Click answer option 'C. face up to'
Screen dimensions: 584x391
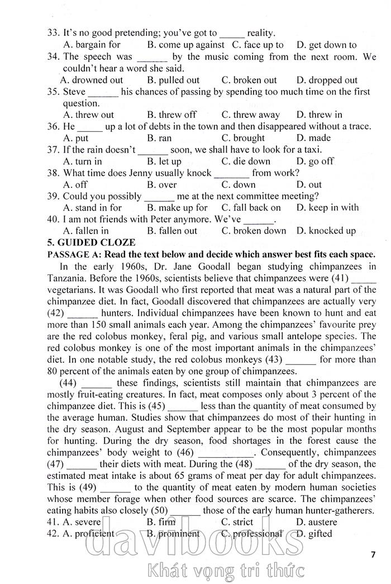coord(258,45)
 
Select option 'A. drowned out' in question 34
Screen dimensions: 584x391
coord(92,80)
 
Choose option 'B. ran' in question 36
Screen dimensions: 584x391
coord(160,138)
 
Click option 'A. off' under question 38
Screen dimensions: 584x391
coord(75,184)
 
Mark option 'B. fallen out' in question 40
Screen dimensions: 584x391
coord(172,230)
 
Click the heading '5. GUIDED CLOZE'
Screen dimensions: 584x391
coord(92,243)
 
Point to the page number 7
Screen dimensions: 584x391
coord(373,554)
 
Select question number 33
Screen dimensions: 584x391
coord(54,33)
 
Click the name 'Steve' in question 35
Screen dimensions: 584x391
coord(74,92)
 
